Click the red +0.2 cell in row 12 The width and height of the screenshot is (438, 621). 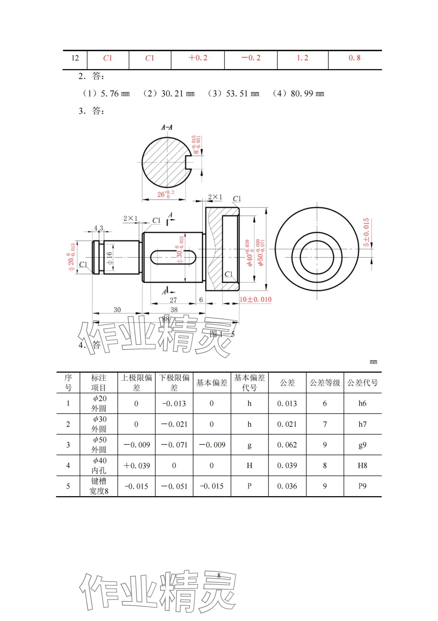(x=198, y=58)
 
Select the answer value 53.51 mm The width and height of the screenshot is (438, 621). (x=242, y=94)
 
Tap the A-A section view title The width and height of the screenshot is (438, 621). (x=167, y=127)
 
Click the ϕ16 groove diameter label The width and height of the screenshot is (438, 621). (x=110, y=258)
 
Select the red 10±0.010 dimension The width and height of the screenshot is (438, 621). (x=255, y=299)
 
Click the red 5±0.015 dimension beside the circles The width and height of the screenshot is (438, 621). (x=366, y=232)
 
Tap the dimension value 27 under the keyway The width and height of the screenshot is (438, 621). (x=173, y=300)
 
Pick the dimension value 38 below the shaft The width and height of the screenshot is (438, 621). (x=174, y=310)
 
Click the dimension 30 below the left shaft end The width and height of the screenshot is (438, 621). (x=117, y=310)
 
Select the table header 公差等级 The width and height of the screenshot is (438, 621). (x=325, y=383)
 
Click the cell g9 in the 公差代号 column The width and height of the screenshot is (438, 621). (x=362, y=445)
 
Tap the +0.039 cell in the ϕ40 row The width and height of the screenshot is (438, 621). (x=136, y=466)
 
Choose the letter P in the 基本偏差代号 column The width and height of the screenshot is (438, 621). (x=249, y=486)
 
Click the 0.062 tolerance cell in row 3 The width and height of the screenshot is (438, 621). (x=287, y=445)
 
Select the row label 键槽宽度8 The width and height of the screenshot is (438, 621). (x=99, y=486)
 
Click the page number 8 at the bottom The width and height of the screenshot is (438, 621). (x=219, y=575)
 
